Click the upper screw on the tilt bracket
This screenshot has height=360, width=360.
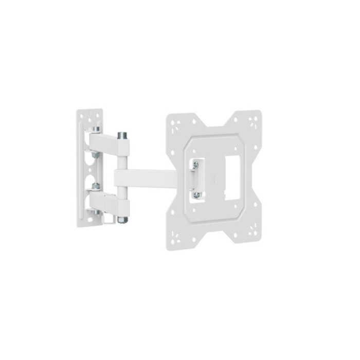click(196, 165)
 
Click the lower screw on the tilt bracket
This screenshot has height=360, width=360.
click(196, 194)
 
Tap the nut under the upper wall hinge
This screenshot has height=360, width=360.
click(95, 154)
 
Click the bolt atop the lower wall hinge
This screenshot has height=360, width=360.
click(95, 186)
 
